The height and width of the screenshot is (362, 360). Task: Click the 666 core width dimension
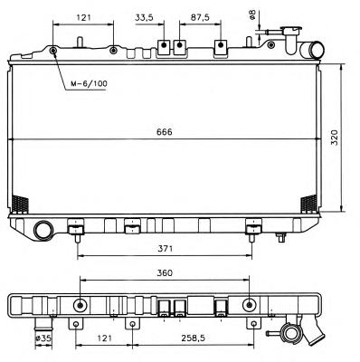coord(165,132)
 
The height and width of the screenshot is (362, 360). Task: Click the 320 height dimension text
coord(335,138)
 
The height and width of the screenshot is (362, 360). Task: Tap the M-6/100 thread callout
coord(89,83)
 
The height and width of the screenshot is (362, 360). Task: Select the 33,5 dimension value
coord(144,18)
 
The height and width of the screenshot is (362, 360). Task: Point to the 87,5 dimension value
coord(200,18)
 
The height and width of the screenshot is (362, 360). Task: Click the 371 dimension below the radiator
coord(166,249)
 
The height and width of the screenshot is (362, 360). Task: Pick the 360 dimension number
coord(165,273)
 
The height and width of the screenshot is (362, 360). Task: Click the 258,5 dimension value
coord(194,338)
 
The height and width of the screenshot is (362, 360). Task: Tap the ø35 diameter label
coord(43,338)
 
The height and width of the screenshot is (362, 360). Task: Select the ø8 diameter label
coord(252,14)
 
